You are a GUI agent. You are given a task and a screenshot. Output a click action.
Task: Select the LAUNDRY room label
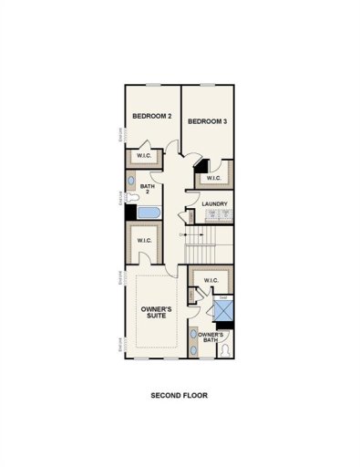(215, 203)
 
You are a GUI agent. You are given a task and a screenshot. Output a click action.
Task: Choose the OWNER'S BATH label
(211, 338)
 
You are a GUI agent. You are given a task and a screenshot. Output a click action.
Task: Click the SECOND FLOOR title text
(180, 397)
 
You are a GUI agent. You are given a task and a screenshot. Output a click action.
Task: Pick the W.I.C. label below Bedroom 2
(144, 155)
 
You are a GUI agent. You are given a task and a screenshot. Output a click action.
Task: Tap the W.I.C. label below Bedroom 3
(214, 177)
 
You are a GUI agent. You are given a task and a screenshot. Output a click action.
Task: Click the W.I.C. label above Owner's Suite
(144, 241)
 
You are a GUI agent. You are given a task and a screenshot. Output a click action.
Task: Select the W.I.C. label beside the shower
(211, 280)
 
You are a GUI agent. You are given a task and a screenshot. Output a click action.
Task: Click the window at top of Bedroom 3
(208, 86)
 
